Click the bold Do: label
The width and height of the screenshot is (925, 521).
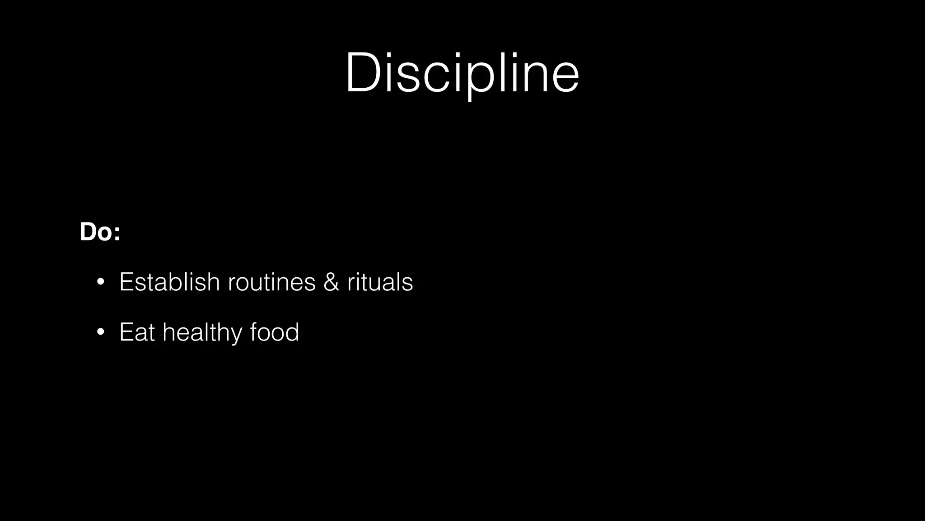coord(100,232)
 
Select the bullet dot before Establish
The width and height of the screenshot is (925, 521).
coord(101,283)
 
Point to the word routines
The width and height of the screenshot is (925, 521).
coord(271,282)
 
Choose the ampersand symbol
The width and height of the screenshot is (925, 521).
coord(331,282)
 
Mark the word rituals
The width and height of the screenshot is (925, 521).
coord(380,282)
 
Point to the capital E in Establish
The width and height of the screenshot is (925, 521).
coord(126,282)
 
